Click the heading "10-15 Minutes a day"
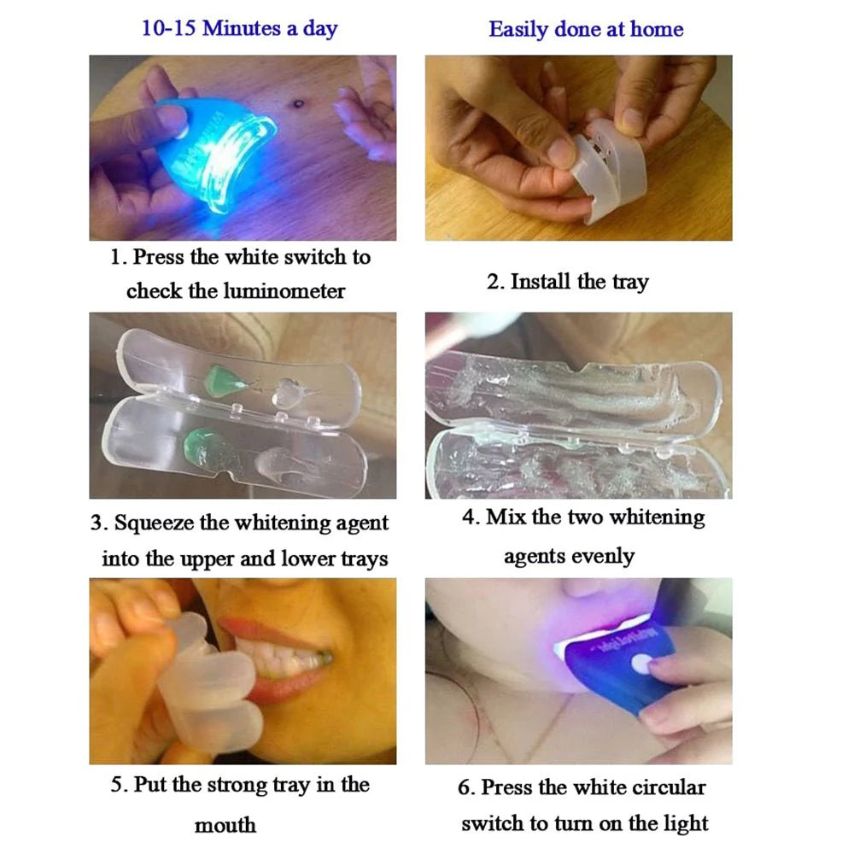[x=239, y=28]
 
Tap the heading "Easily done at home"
[x=586, y=29]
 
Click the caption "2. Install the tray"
[x=567, y=282]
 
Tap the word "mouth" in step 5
[x=225, y=825]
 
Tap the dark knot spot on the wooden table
[x=298, y=105]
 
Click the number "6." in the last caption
[x=466, y=787]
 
